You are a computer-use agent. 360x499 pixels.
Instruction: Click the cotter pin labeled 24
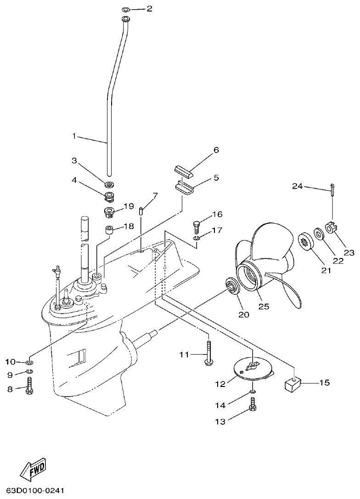(331, 189)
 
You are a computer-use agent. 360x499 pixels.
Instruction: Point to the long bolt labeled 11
(209, 353)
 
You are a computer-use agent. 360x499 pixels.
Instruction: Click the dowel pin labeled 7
(141, 211)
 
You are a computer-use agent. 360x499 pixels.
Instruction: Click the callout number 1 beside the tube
(74, 136)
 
